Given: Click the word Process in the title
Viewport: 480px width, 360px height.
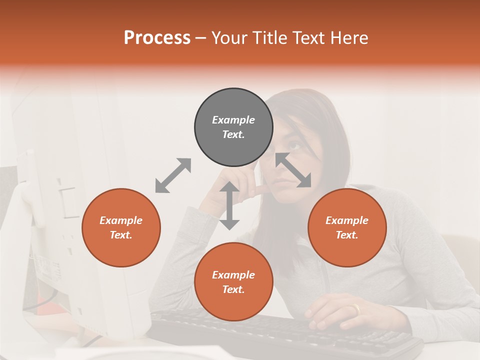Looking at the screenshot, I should coord(157,38).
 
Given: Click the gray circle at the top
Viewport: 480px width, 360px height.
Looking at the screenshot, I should coord(233,127).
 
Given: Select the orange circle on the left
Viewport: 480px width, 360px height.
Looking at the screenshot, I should coord(121,227).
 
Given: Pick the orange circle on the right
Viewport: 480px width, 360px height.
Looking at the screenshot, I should coord(347,227).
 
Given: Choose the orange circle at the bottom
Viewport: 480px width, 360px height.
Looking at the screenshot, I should coord(233,282).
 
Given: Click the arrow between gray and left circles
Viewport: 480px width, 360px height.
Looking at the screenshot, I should coord(173,175).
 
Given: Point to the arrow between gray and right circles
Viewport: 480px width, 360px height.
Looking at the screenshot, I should coord(293,170).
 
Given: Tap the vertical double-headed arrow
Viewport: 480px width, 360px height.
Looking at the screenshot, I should coord(229,205).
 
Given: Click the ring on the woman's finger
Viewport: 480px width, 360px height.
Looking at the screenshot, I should coord(355,309).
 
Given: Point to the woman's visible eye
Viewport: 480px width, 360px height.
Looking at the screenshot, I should coord(295,146).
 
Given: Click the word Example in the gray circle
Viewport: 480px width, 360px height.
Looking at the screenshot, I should coord(233,120).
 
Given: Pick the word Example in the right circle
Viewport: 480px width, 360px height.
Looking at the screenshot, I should coord(347,220).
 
